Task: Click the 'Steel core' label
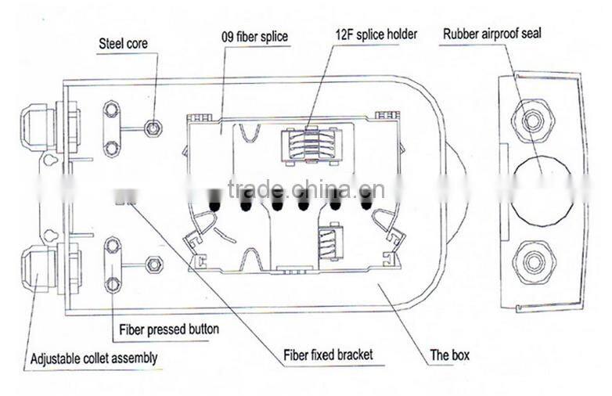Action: point(122,44)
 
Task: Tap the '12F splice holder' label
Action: point(376,34)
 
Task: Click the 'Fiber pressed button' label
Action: point(169,329)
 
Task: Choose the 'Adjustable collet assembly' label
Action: point(94,358)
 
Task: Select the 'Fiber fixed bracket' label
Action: point(328,355)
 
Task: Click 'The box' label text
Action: point(450,355)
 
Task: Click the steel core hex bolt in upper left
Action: point(154,128)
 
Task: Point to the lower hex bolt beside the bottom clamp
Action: point(154,265)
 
